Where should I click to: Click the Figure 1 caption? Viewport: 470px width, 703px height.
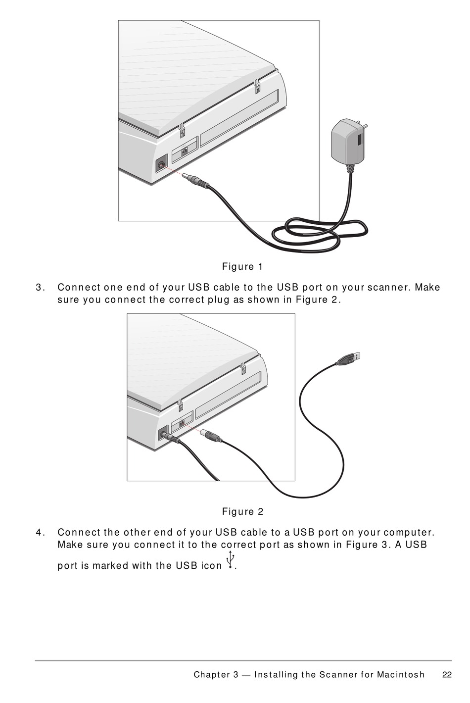[242, 267]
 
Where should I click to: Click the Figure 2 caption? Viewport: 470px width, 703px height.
[242, 512]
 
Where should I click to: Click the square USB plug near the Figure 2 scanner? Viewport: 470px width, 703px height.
[211, 436]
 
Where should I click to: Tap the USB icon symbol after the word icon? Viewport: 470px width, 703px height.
[230, 561]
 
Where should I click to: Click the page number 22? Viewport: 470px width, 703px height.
[447, 675]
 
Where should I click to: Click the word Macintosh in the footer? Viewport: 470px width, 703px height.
[400, 675]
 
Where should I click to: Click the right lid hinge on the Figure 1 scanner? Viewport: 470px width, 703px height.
[257, 86]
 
